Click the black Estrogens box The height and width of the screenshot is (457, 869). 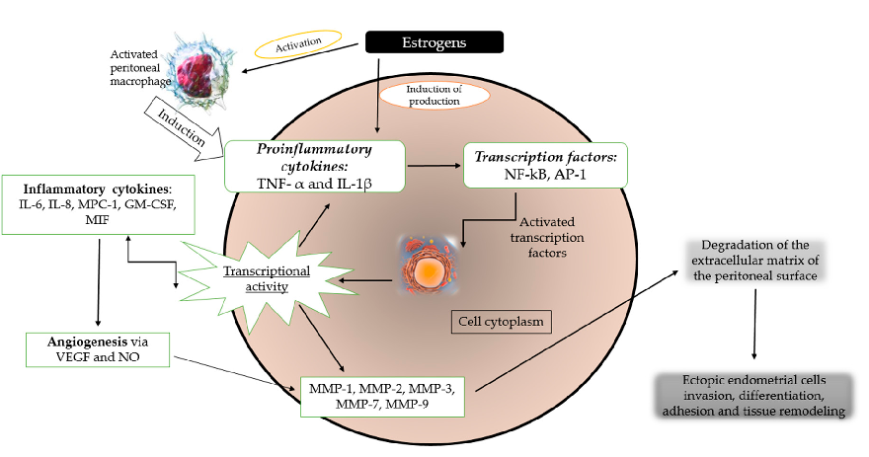point(434,42)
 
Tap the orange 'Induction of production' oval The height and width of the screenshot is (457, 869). point(434,96)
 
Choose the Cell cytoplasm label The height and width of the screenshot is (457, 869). point(502,322)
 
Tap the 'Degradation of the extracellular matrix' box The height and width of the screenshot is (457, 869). point(758,263)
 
